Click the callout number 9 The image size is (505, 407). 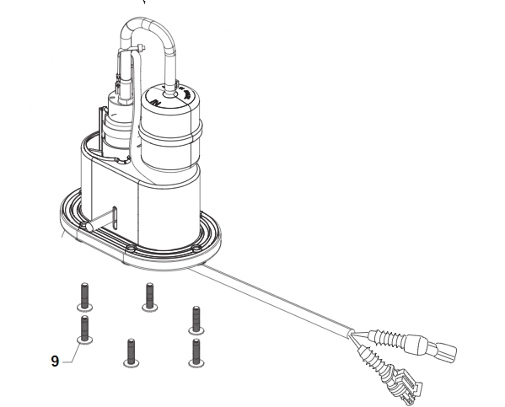[x=55, y=361]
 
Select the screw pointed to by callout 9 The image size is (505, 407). [x=84, y=329]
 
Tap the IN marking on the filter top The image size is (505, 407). [x=157, y=103]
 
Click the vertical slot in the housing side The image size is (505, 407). [x=116, y=218]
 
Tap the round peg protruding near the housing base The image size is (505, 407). [x=89, y=226]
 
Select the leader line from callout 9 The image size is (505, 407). [x=73, y=352]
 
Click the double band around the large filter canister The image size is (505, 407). [x=170, y=132]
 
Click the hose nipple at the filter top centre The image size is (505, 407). [x=169, y=93]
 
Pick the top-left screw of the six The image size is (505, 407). [x=84, y=297]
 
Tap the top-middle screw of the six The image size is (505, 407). [x=150, y=297]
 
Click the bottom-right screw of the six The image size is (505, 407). [x=196, y=353]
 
